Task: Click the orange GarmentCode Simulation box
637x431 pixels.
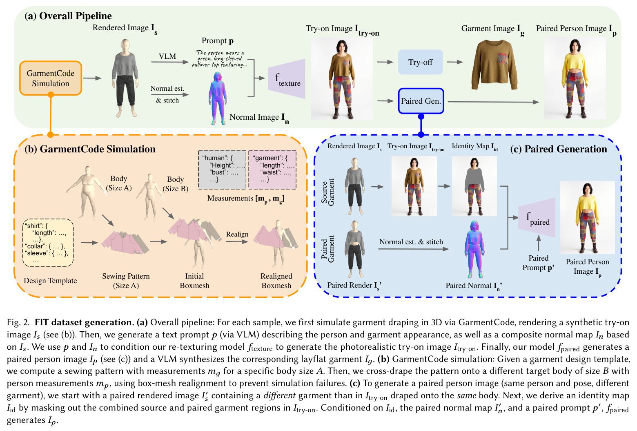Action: pos(51,78)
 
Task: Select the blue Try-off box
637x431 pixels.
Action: pos(420,62)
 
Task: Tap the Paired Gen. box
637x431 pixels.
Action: pos(421,101)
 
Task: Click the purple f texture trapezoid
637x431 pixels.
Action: pos(287,79)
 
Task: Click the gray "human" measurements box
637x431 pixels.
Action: pos(222,170)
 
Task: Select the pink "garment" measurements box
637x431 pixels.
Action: pos(272,170)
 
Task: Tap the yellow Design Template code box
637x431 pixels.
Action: pos(48,243)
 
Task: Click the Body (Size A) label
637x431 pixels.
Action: pos(118,183)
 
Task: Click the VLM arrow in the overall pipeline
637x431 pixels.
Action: pos(170,62)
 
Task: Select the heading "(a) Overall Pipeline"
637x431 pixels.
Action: pos(68,16)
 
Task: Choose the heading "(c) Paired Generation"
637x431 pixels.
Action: pos(559,149)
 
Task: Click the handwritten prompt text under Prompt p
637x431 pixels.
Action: pos(219,59)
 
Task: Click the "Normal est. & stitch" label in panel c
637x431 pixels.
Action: pos(411,242)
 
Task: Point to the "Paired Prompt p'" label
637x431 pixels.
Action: pos(538,263)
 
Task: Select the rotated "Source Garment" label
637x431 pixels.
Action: pos(327,192)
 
